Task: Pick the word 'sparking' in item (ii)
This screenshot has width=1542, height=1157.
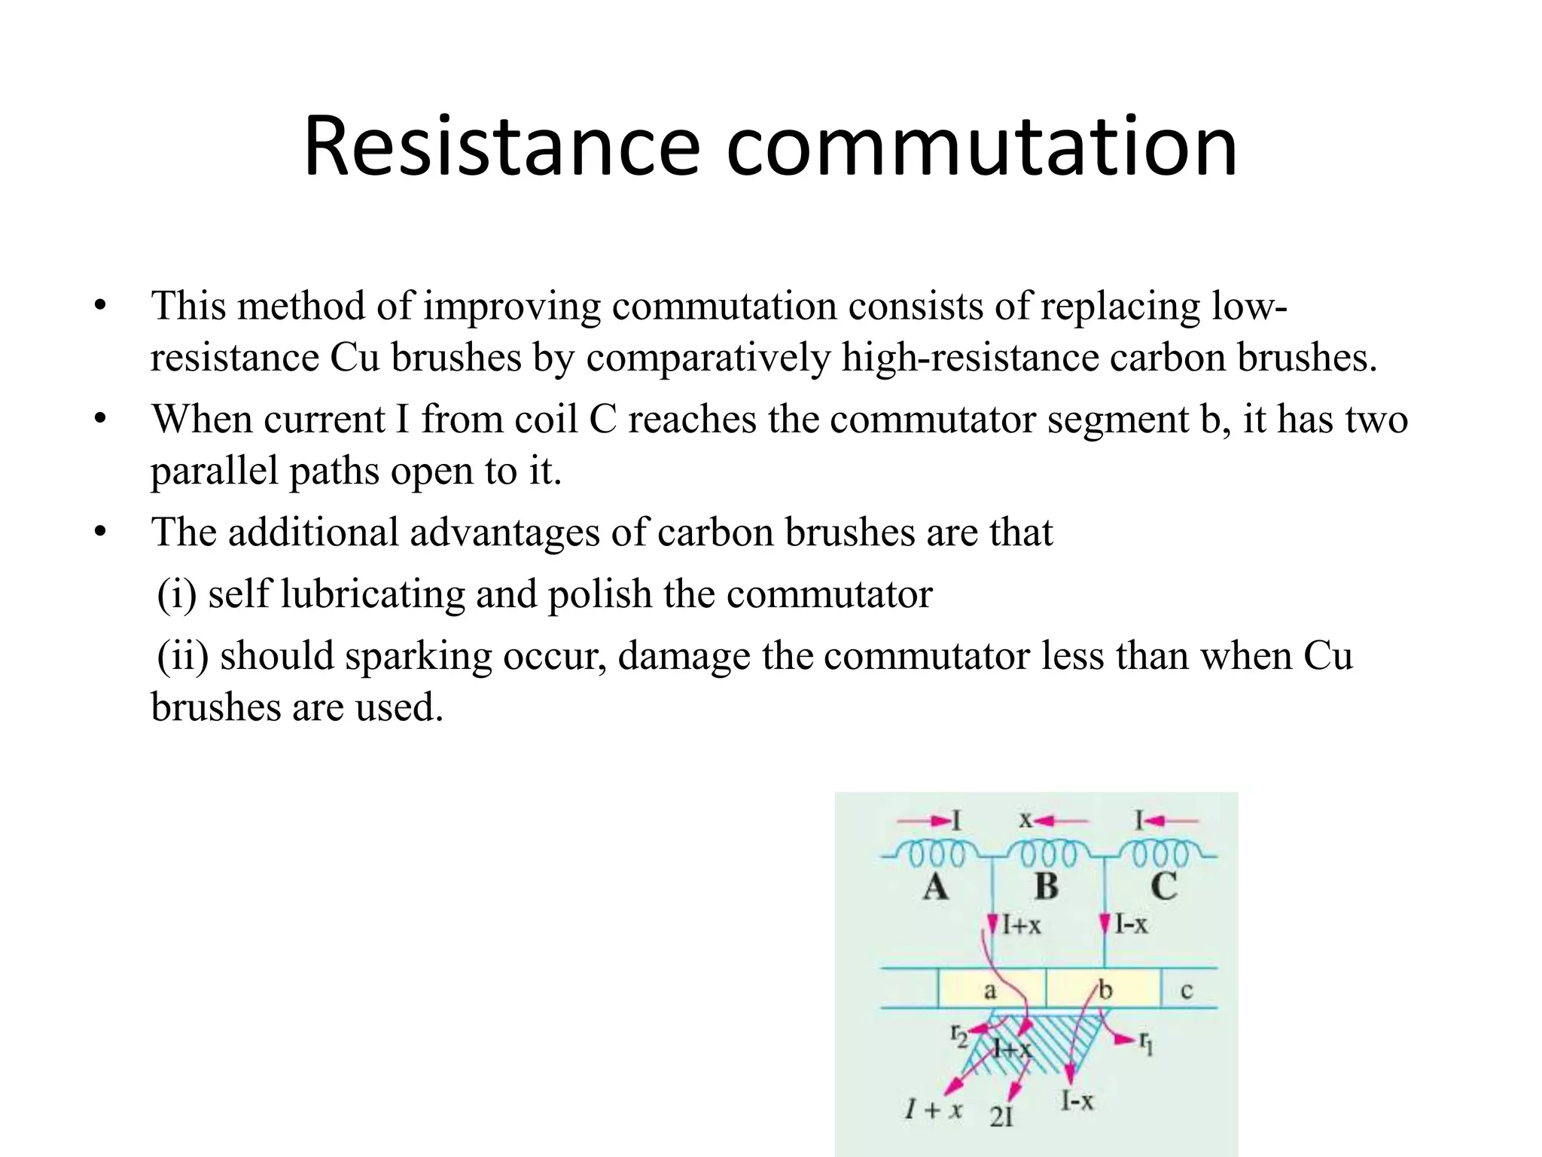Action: point(418,657)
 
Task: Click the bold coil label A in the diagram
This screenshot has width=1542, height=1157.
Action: point(936,887)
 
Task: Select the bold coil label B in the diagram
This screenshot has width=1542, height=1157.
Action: point(1047,887)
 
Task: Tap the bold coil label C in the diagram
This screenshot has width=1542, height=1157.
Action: point(1163,887)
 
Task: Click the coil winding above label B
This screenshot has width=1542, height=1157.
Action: point(1047,855)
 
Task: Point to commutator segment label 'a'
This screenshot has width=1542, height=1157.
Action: point(990,991)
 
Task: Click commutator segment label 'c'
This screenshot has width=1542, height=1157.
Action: point(1187,991)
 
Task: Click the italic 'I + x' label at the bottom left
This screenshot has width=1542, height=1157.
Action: point(934,1110)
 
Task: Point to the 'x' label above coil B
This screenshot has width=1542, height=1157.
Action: point(1025,820)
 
